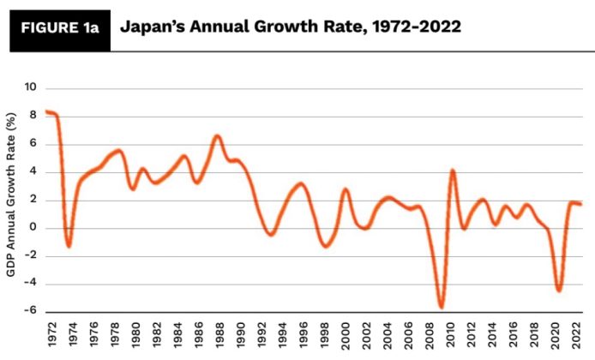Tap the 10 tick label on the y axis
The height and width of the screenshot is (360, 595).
click(x=32, y=87)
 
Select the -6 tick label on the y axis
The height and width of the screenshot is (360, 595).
click(x=32, y=312)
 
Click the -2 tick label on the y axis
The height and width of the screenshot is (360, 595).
click(x=32, y=256)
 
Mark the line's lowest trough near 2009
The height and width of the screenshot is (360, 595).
click(x=442, y=307)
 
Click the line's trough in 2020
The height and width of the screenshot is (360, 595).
click(x=559, y=291)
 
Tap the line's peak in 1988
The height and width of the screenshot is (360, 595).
click(x=218, y=135)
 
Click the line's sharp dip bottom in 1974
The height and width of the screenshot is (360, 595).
click(x=69, y=246)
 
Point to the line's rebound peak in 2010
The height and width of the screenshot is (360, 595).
click(x=453, y=171)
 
